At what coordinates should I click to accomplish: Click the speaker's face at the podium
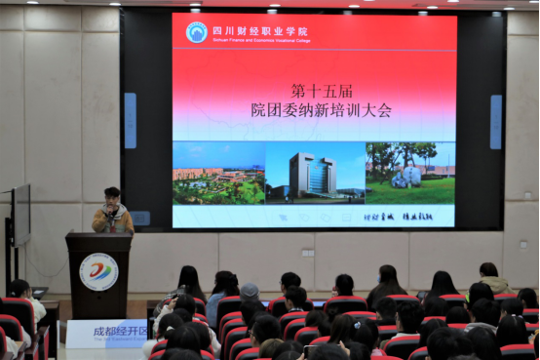click(x=112, y=195)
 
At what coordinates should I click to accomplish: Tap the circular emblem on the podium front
click(x=98, y=271)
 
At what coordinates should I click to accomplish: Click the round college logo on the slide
click(x=197, y=32)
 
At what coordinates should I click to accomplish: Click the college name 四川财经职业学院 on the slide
click(x=250, y=28)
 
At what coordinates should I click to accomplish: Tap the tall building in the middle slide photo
click(x=312, y=175)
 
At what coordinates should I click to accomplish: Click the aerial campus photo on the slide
click(x=218, y=174)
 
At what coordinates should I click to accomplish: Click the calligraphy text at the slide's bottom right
click(x=408, y=217)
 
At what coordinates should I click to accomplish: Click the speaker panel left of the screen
click(x=130, y=120)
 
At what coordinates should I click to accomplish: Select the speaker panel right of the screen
click(x=496, y=122)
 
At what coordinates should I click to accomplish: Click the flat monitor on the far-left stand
click(x=21, y=214)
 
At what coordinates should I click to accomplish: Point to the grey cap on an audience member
click(x=251, y=291)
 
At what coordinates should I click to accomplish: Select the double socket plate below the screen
click(x=309, y=252)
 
